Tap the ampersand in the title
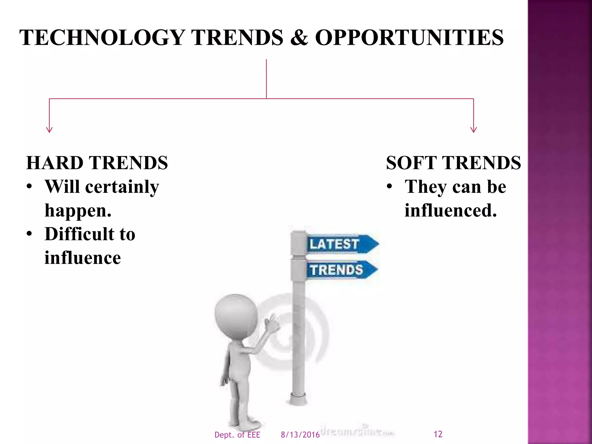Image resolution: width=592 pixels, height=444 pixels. tap(299, 38)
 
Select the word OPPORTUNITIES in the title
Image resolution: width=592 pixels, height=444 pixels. tap(409, 38)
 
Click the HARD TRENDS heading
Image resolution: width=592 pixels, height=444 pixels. tap(97, 163)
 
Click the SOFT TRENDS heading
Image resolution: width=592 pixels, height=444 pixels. tap(453, 163)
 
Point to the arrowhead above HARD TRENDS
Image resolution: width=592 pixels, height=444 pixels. tap(49, 130)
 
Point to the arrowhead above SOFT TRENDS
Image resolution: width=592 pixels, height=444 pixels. tap(473, 130)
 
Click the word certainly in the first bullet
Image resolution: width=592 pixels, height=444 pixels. tap(122, 187)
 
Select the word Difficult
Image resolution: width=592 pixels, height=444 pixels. tap(80, 234)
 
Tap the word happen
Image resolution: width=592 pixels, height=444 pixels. tap(77, 211)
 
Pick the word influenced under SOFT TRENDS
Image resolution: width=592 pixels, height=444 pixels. tap(450, 210)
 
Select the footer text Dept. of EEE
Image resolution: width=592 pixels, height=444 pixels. tap(237, 435)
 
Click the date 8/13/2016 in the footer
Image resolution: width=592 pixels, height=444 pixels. tap(300, 435)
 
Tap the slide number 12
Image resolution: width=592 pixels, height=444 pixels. tap(438, 434)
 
